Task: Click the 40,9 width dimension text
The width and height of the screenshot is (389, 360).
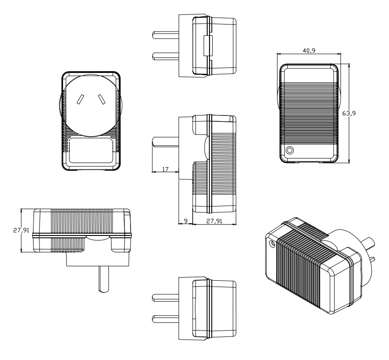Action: point(309,50)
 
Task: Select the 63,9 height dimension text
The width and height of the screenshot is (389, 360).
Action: point(348,113)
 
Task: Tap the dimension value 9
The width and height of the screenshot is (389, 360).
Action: point(185,221)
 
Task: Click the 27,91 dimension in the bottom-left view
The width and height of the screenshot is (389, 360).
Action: point(21,230)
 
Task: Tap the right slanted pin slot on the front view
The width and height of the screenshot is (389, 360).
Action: point(100,99)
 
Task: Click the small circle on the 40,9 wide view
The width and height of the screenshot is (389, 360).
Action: point(289,150)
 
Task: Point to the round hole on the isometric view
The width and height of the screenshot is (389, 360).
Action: point(272,244)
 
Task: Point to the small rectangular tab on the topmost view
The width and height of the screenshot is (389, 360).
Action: point(208,46)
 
